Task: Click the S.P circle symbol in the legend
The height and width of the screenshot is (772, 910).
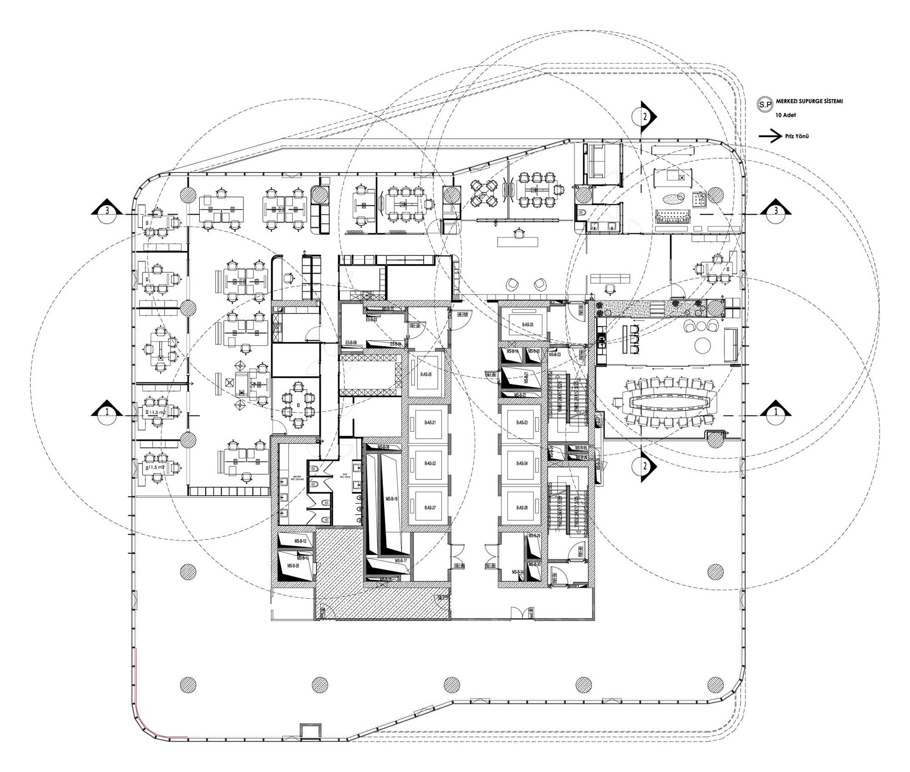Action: (765, 104)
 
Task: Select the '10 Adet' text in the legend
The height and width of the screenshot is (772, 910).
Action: (786, 115)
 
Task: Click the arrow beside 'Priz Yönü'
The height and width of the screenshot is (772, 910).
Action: (770, 136)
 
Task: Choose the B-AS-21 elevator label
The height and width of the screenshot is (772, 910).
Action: (430, 423)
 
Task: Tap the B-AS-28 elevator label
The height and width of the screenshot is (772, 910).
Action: (522, 507)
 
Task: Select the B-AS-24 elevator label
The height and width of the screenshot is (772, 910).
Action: (522, 463)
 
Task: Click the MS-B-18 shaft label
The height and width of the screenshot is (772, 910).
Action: (392, 499)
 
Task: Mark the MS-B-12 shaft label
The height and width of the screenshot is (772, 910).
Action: (300, 541)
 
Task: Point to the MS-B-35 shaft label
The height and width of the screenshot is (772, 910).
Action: (293, 566)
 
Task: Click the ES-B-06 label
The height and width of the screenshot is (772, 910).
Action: (351, 342)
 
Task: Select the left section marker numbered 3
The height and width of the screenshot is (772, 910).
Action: (107, 211)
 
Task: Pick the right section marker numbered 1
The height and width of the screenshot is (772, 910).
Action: (776, 412)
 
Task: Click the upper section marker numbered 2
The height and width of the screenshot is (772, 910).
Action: (645, 116)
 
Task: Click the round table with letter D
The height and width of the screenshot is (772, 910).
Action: (298, 405)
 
